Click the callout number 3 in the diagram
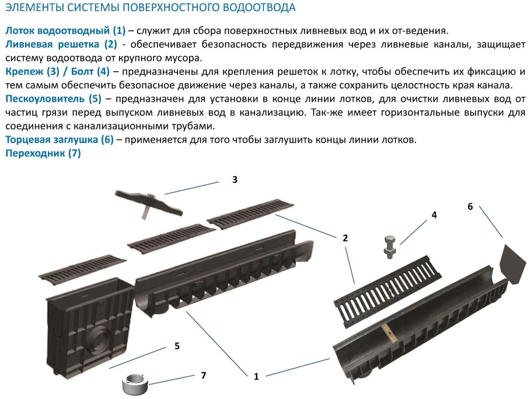pos(235,180)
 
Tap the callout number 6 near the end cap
pos(470,206)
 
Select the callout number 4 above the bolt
pos(434,215)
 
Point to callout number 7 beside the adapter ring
pos(203,375)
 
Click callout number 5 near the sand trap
pos(177,346)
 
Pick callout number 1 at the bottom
pos(256,376)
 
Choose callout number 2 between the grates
pos(345,238)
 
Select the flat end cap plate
pos(513,263)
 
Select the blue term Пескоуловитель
pos(45,99)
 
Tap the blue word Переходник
pos(35,153)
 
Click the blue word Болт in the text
pos(82,71)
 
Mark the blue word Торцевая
pos(27,139)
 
